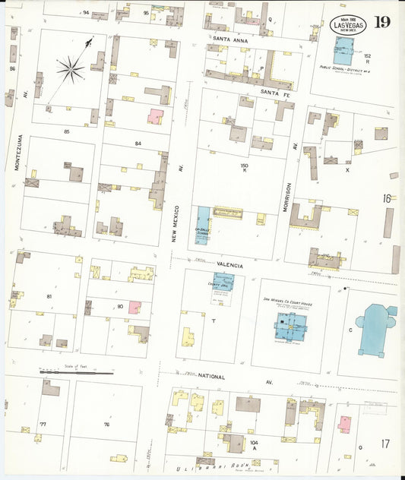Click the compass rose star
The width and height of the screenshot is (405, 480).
pos(70,71)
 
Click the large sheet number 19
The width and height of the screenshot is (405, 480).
pos(382,21)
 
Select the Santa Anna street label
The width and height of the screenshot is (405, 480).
pos(229,39)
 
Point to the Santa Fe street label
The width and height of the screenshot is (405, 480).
pos(276,92)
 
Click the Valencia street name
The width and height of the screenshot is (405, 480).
pos(229,265)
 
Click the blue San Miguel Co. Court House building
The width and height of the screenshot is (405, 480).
pos(289,327)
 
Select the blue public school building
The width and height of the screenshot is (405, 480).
pos(344,50)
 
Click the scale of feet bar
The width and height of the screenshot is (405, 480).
pos(76,373)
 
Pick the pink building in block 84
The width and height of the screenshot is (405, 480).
pos(155,117)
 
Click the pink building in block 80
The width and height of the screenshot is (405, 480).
pos(134,307)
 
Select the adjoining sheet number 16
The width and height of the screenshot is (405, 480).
pos(386,198)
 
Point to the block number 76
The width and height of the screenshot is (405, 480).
pos(106,424)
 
